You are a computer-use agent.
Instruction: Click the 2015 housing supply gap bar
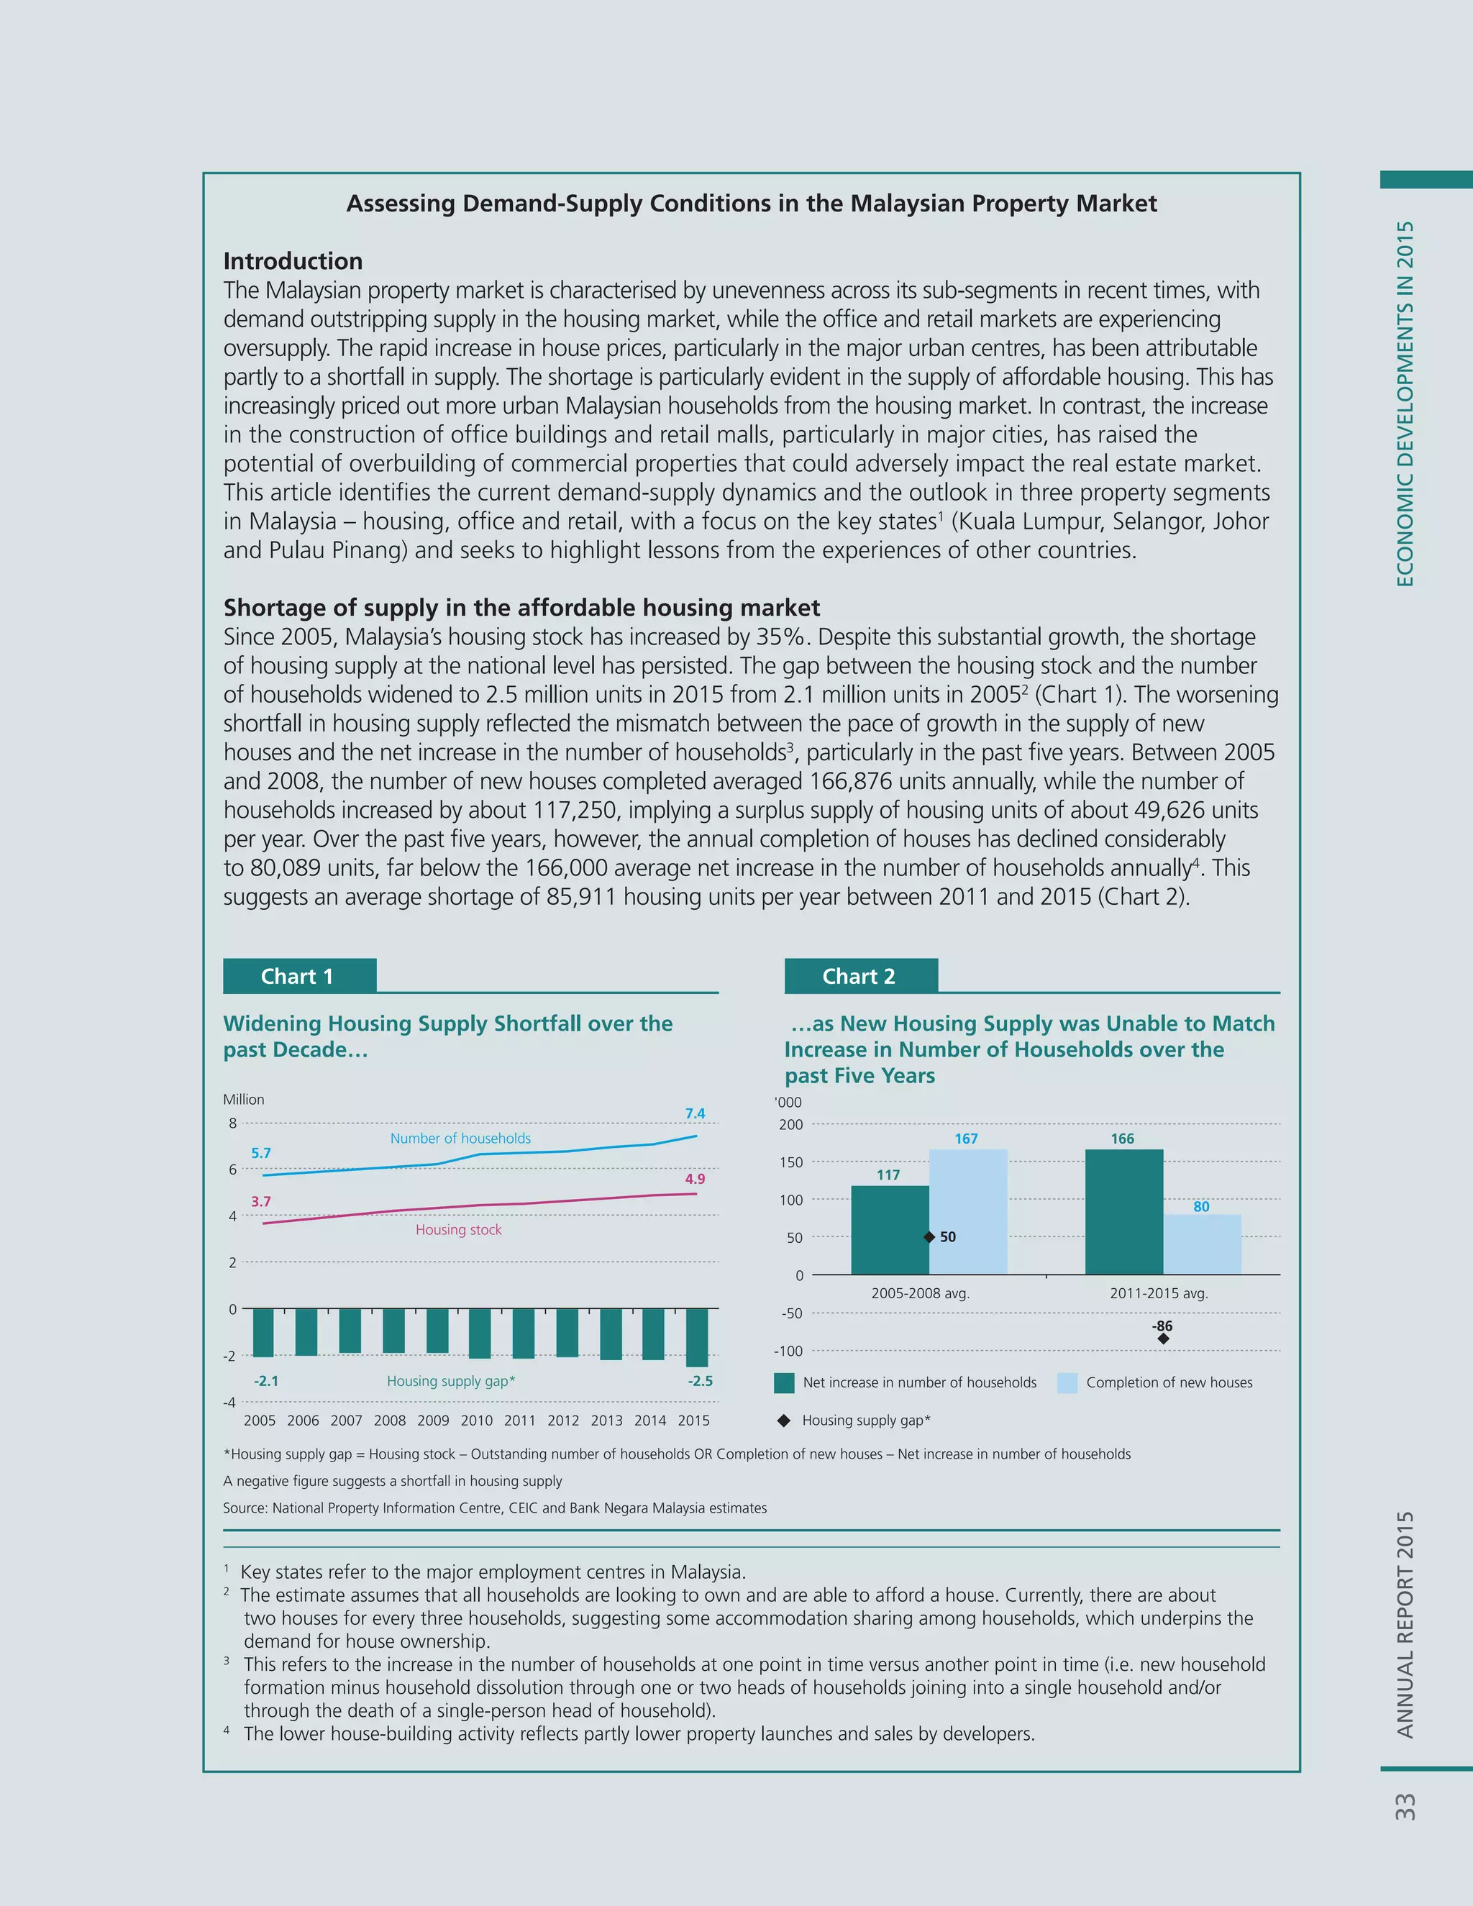(696, 1337)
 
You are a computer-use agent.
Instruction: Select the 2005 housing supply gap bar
(263, 1333)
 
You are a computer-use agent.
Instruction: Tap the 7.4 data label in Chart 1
(695, 1113)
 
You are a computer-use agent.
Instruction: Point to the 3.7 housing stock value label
(261, 1202)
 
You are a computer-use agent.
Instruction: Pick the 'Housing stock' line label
(458, 1230)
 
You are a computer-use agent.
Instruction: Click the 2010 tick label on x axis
(476, 1420)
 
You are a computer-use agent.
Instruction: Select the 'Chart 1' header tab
(298, 977)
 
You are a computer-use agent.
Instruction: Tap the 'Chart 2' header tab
(859, 977)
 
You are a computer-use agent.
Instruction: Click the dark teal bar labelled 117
(889, 1231)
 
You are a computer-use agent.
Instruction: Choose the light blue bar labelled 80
(1202, 1244)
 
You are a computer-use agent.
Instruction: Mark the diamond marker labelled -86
(1163, 1339)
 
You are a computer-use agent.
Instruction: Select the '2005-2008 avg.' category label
(920, 1293)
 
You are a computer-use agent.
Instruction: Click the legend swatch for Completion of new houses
(1067, 1382)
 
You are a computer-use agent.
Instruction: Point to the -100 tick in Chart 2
(788, 1351)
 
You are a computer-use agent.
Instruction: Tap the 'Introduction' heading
(292, 261)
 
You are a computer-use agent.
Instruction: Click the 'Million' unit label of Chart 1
(244, 1100)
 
